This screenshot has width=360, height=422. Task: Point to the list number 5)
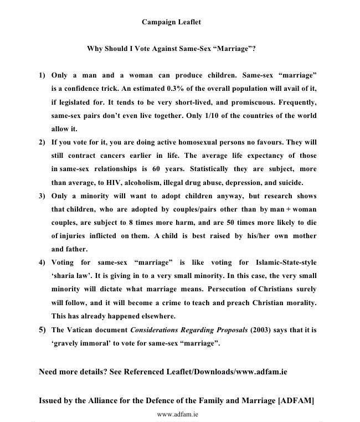(x=42, y=330)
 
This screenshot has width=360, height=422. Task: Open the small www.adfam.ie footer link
(x=178, y=414)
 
